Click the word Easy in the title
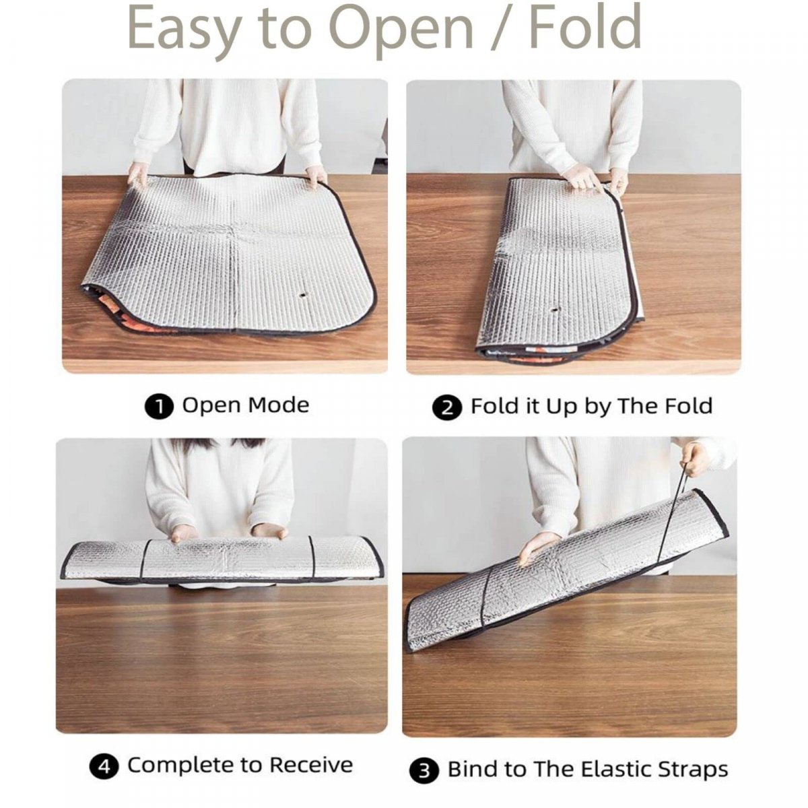click(x=184, y=30)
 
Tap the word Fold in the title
click(x=585, y=26)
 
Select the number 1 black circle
click(x=159, y=407)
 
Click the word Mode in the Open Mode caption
click(x=278, y=405)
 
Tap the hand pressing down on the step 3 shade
click(x=539, y=547)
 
